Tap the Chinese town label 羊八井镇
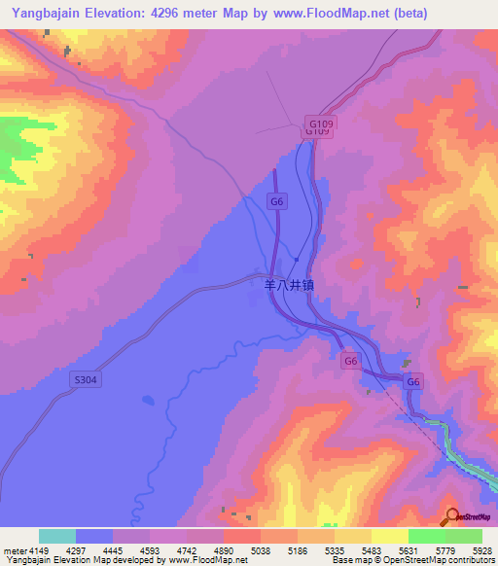coord(289,286)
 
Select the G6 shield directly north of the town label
coord(277,200)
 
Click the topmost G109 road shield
coord(320,124)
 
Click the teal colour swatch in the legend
coord(57,536)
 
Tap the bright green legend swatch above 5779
coord(426,536)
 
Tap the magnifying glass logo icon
coord(452,515)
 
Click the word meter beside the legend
coord(13,550)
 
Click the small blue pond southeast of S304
coord(147,400)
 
